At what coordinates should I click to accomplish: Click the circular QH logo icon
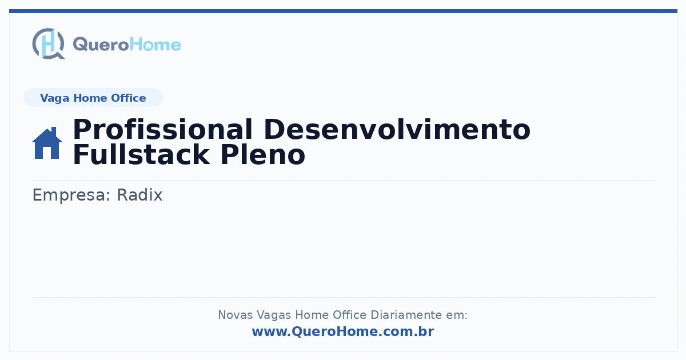click(x=49, y=43)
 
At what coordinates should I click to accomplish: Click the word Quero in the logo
click(x=101, y=45)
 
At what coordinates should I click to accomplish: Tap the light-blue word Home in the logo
click(x=155, y=45)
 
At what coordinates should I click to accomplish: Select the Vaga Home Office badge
click(x=93, y=98)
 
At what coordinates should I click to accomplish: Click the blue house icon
click(x=47, y=143)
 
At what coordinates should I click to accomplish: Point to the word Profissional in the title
click(x=162, y=129)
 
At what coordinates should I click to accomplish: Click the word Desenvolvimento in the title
click(x=397, y=129)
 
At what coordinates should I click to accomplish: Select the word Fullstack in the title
click(x=141, y=155)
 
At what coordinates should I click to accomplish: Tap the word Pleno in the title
click(x=262, y=155)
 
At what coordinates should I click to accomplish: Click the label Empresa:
click(x=71, y=195)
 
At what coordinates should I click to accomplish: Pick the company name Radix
click(x=139, y=195)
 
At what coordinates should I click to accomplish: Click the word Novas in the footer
click(x=235, y=315)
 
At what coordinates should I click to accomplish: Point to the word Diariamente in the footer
click(x=406, y=315)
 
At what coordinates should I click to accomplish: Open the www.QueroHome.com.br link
click(x=343, y=331)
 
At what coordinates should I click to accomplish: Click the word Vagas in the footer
click(x=274, y=315)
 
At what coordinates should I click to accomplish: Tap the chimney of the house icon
click(x=54, y=131)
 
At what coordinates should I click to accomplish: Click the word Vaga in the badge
click(x=54, y=98)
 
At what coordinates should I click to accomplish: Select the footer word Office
click(x=350, y=315)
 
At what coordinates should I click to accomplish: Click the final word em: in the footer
click(x=457, y=315)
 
